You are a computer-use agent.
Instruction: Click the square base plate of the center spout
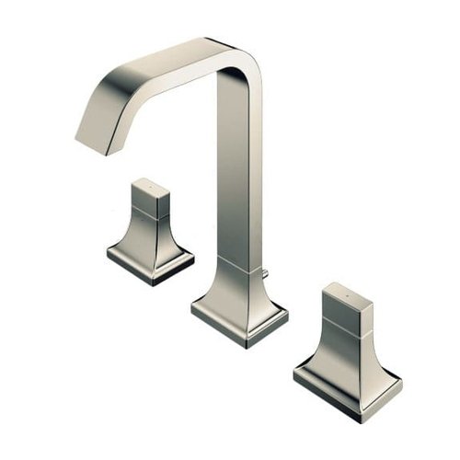(x=239, y=317)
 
